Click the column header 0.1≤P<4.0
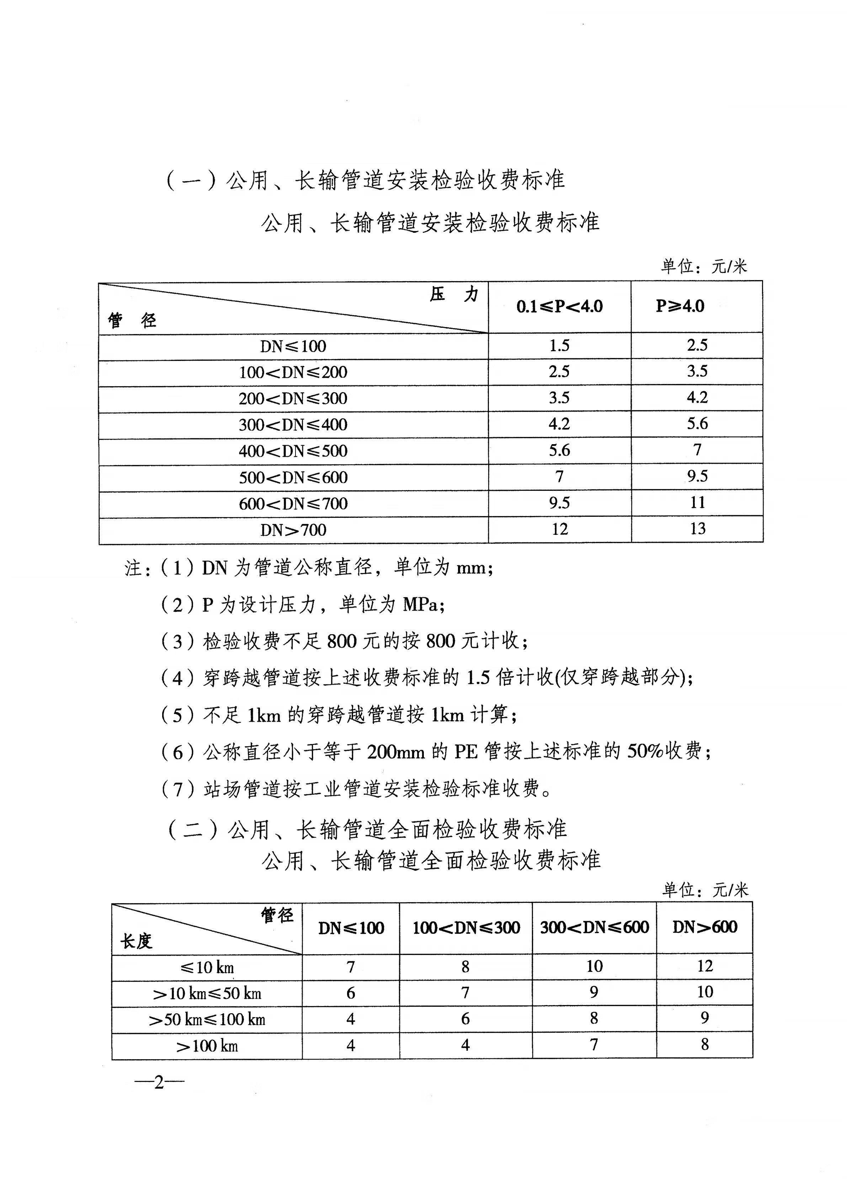[559, 306]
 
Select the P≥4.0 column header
[680, 306]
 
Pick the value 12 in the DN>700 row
[559, 529]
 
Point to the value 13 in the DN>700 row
[697, 528]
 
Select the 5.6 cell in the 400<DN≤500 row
[559, 450]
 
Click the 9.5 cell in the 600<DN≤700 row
[559, 503]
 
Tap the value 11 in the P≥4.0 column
[697, 503]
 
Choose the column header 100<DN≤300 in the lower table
[466, 927]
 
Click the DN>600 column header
[704, 927]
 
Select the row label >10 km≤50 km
[207, 993]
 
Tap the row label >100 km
[207, 1046]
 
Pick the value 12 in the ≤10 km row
[704, 966]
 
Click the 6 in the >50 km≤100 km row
[465, 1019]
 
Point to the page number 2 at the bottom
[159, 1082]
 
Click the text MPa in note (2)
[421, 605]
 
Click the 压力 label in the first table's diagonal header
[453, 295]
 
